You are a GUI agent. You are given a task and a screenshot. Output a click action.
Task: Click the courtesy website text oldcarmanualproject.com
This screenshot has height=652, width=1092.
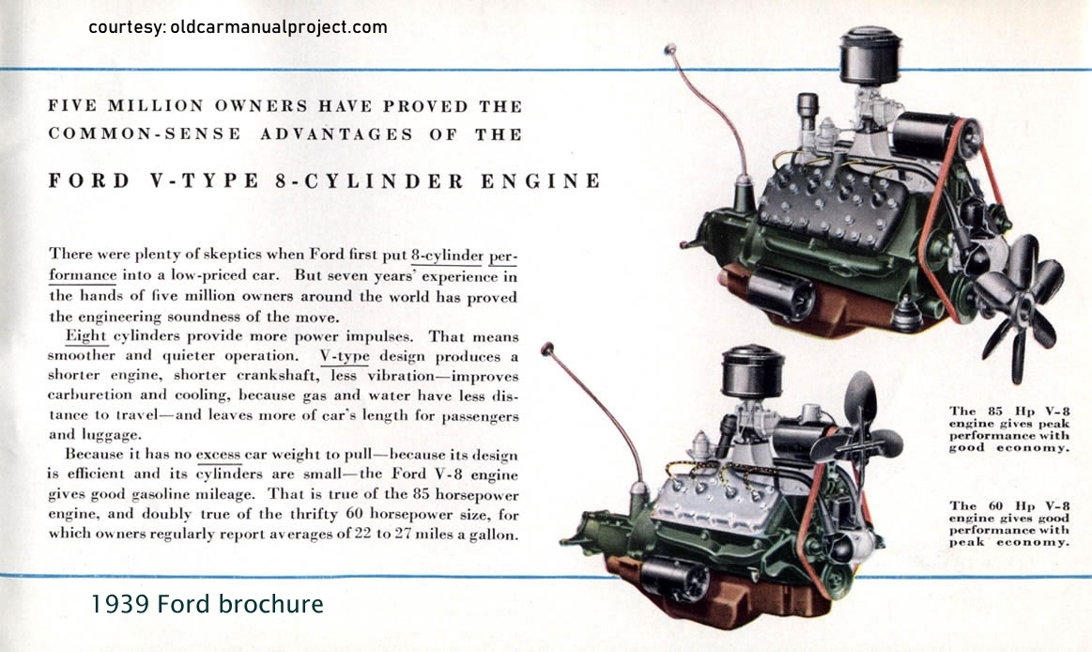click(x=279, y=28)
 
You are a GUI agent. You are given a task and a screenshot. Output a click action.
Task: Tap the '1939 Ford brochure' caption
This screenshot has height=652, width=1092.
click(x=207, y=603)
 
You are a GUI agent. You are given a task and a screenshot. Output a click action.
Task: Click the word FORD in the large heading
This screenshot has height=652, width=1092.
click(x=89, y=181)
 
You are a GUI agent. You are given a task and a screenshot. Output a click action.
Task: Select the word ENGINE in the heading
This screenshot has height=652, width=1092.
click(x=541, y=181)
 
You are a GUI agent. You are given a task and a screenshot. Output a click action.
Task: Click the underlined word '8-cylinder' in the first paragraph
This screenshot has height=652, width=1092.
click(x=446, y=255)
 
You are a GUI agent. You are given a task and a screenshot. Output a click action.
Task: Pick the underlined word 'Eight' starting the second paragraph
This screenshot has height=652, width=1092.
click(x=85, y=335)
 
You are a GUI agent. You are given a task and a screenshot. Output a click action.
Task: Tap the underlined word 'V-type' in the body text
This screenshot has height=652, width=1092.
click(x=344, y=356)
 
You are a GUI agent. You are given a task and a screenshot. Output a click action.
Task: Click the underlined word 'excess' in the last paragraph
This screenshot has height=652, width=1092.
click(x=218, y=454)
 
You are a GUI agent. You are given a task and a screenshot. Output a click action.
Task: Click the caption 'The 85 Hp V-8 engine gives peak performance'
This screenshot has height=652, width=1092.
click(x=1009, y=429)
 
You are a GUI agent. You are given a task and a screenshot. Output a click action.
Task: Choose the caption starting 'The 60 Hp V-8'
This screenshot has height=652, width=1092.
click(x=1009, y=524)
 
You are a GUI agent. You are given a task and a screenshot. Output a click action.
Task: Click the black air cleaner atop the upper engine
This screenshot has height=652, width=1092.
click(x=870, y=55)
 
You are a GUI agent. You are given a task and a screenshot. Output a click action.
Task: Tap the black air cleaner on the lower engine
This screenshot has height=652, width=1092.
click(x=753, y=373)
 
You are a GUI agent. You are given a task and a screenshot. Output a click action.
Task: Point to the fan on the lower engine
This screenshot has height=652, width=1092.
click(x=858, y=432)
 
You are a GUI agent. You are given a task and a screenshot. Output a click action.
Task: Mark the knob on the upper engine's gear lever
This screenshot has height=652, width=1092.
click(x=670, y=50)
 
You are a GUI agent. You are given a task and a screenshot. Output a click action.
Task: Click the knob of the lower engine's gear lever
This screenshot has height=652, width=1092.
click(x=547, y=349)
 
